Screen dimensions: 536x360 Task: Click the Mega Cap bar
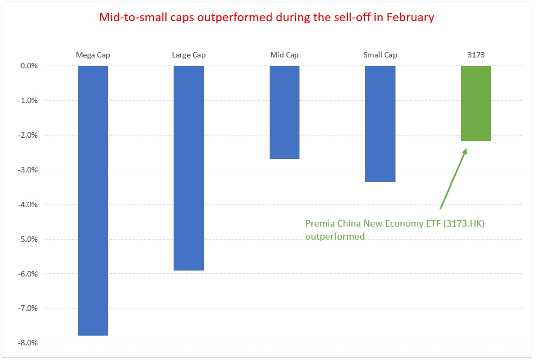coord(93,201)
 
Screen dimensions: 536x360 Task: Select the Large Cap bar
coord(189,168)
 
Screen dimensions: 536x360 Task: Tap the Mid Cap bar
coord(284,112)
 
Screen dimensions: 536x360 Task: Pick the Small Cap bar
coord(380,124)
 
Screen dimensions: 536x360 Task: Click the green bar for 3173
coord(476,104)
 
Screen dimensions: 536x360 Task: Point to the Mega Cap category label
coord(93,55)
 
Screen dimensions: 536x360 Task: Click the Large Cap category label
coord(189,55)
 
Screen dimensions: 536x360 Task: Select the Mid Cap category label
coord(284,55)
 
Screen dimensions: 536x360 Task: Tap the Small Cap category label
coord(380,55)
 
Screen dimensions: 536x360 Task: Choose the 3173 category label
coord(476,55)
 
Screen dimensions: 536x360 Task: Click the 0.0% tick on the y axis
coord(29,66)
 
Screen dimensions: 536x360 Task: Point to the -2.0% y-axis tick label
coord(28,135)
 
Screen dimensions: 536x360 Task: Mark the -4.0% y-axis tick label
coord(28,204)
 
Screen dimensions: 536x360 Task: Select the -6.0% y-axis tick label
coord(28,274)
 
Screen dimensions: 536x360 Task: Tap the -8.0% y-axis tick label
coord(28,343)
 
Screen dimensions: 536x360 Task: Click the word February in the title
coord(410,17)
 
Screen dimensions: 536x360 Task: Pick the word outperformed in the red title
coord(235,17)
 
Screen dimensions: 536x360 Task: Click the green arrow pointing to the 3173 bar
coord(454,178)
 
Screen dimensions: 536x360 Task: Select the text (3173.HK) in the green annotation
coord(464,224)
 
